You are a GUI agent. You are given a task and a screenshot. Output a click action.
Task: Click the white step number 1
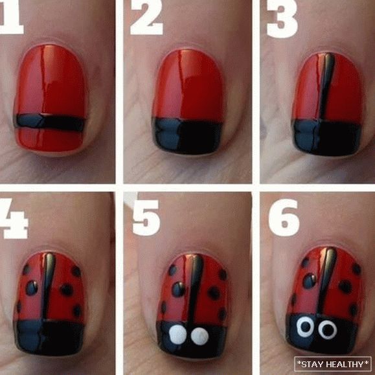pos(11,17)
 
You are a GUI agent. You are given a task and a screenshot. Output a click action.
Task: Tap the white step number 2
pos(146,17)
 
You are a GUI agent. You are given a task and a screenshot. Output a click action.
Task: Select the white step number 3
pos(282,19)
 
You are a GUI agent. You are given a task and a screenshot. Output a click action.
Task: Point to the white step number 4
pos(13,218)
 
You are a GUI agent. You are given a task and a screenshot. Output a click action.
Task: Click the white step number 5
pos(146,217)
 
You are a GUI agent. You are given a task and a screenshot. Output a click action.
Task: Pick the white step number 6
pos(284,218)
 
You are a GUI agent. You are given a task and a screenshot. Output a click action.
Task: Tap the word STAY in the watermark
pos(312,364)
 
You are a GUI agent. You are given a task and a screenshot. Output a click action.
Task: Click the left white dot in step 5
pos(178,334)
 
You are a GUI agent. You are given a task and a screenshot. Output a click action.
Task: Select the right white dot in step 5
pos(200,336)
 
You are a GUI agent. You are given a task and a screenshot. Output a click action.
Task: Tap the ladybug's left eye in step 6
pos(305,326)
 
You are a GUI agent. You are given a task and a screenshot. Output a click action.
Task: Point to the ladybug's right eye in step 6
pos(328,330)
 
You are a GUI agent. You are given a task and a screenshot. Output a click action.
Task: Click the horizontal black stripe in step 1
pos(49,122)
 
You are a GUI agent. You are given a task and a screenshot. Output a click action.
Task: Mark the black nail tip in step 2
pos(187,135)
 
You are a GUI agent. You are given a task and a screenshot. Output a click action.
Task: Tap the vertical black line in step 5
pos(196,288)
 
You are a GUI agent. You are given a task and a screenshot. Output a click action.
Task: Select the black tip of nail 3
pos(326,137)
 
